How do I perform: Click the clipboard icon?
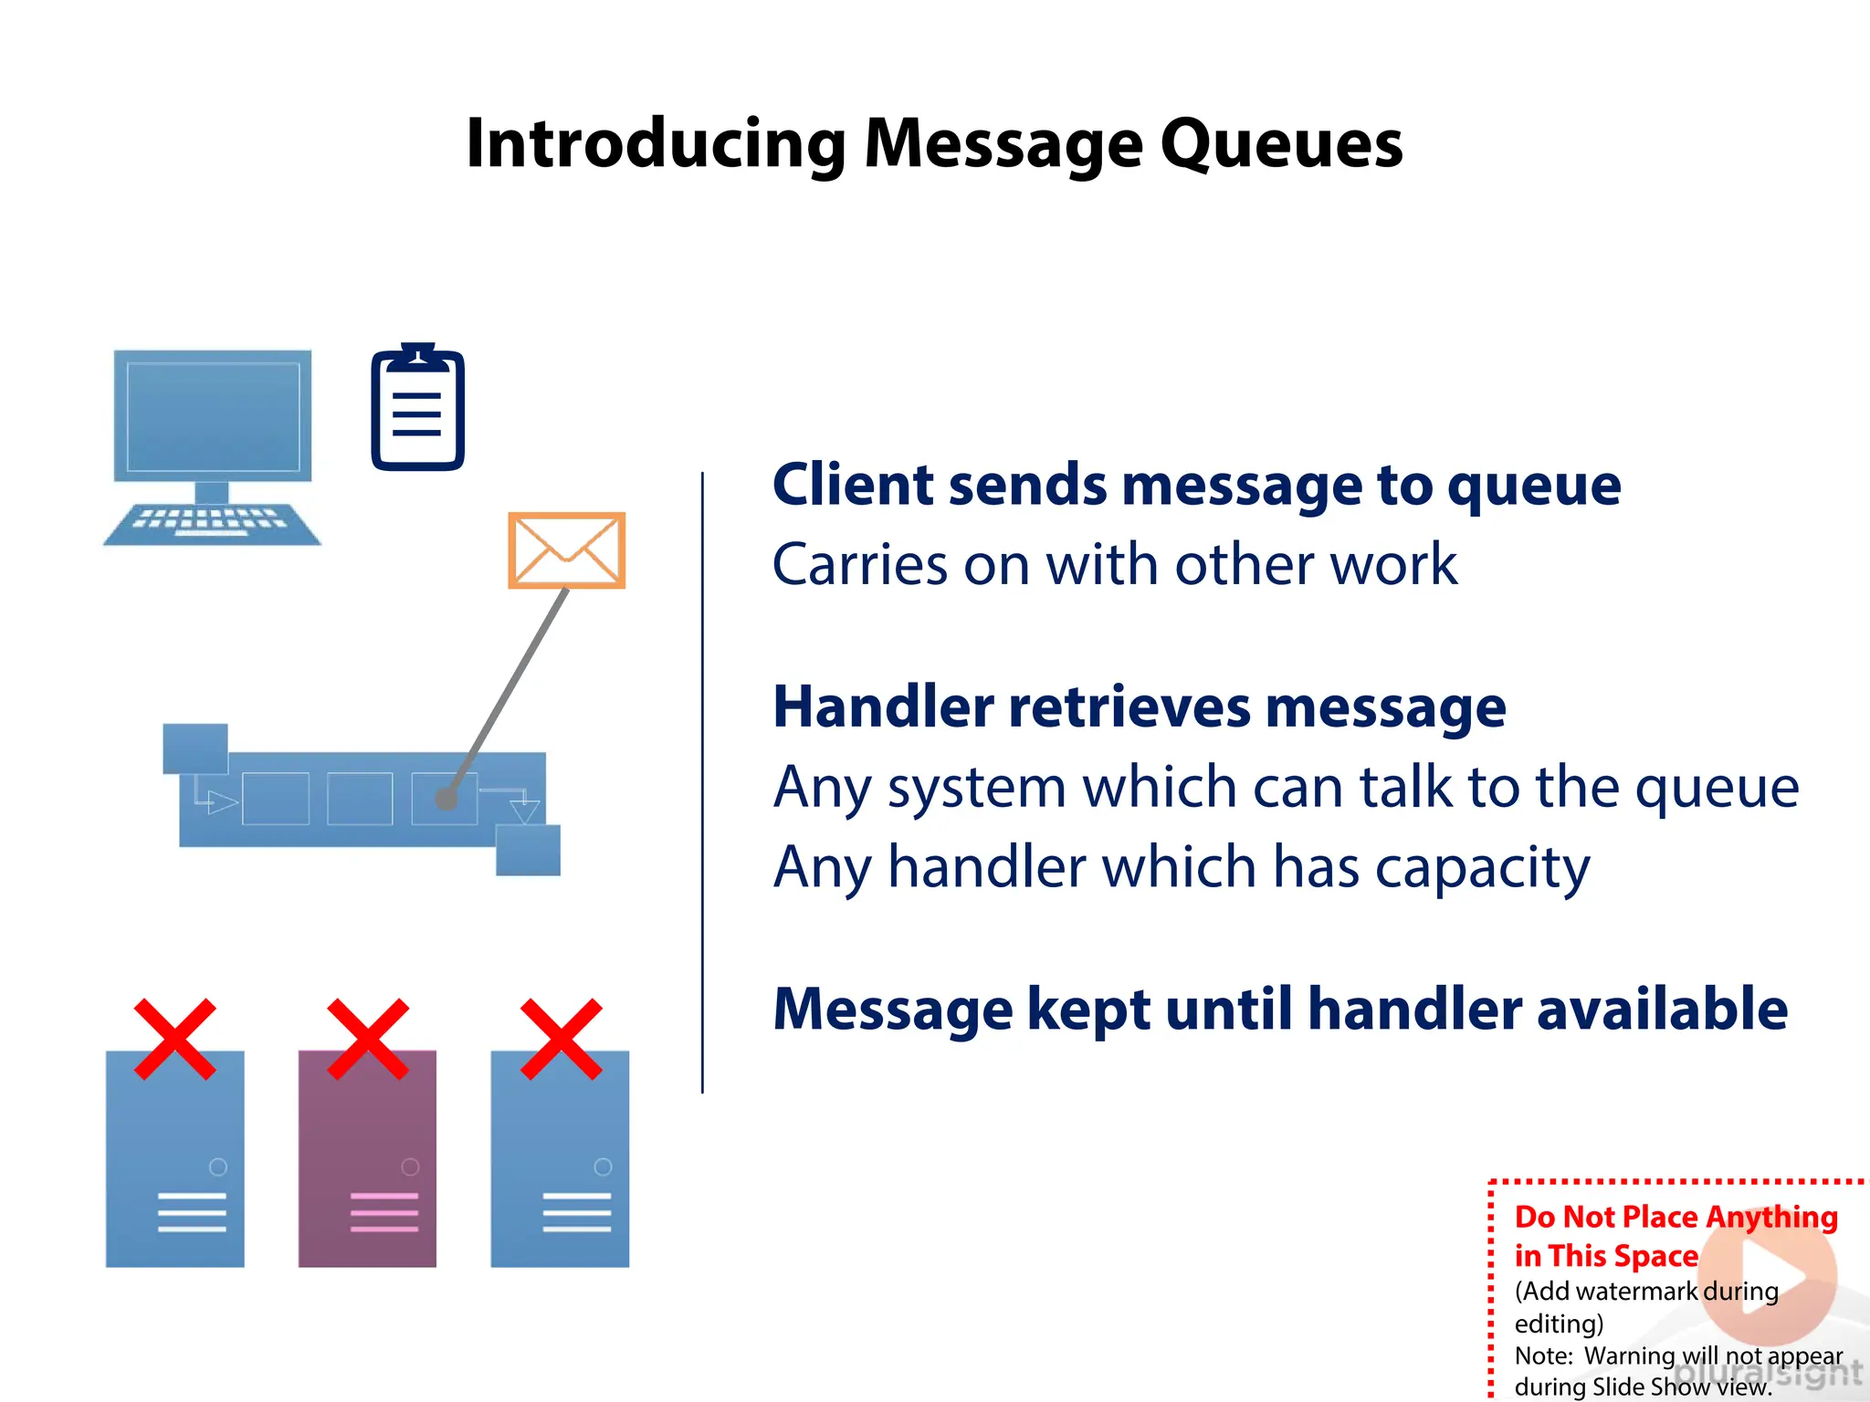[417, 408]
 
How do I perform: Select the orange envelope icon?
[566, 550]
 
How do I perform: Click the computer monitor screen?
[213, 416]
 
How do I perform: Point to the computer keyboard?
[212, 523]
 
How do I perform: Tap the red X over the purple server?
[368, 1039]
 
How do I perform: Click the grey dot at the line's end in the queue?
[446, 800]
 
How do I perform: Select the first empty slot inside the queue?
[275, 799]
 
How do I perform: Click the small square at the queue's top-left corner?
[194, 748]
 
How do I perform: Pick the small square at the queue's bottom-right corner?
[528, 850]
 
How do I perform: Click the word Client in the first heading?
[853, 485]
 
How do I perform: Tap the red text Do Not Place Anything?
[1676, 1217]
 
